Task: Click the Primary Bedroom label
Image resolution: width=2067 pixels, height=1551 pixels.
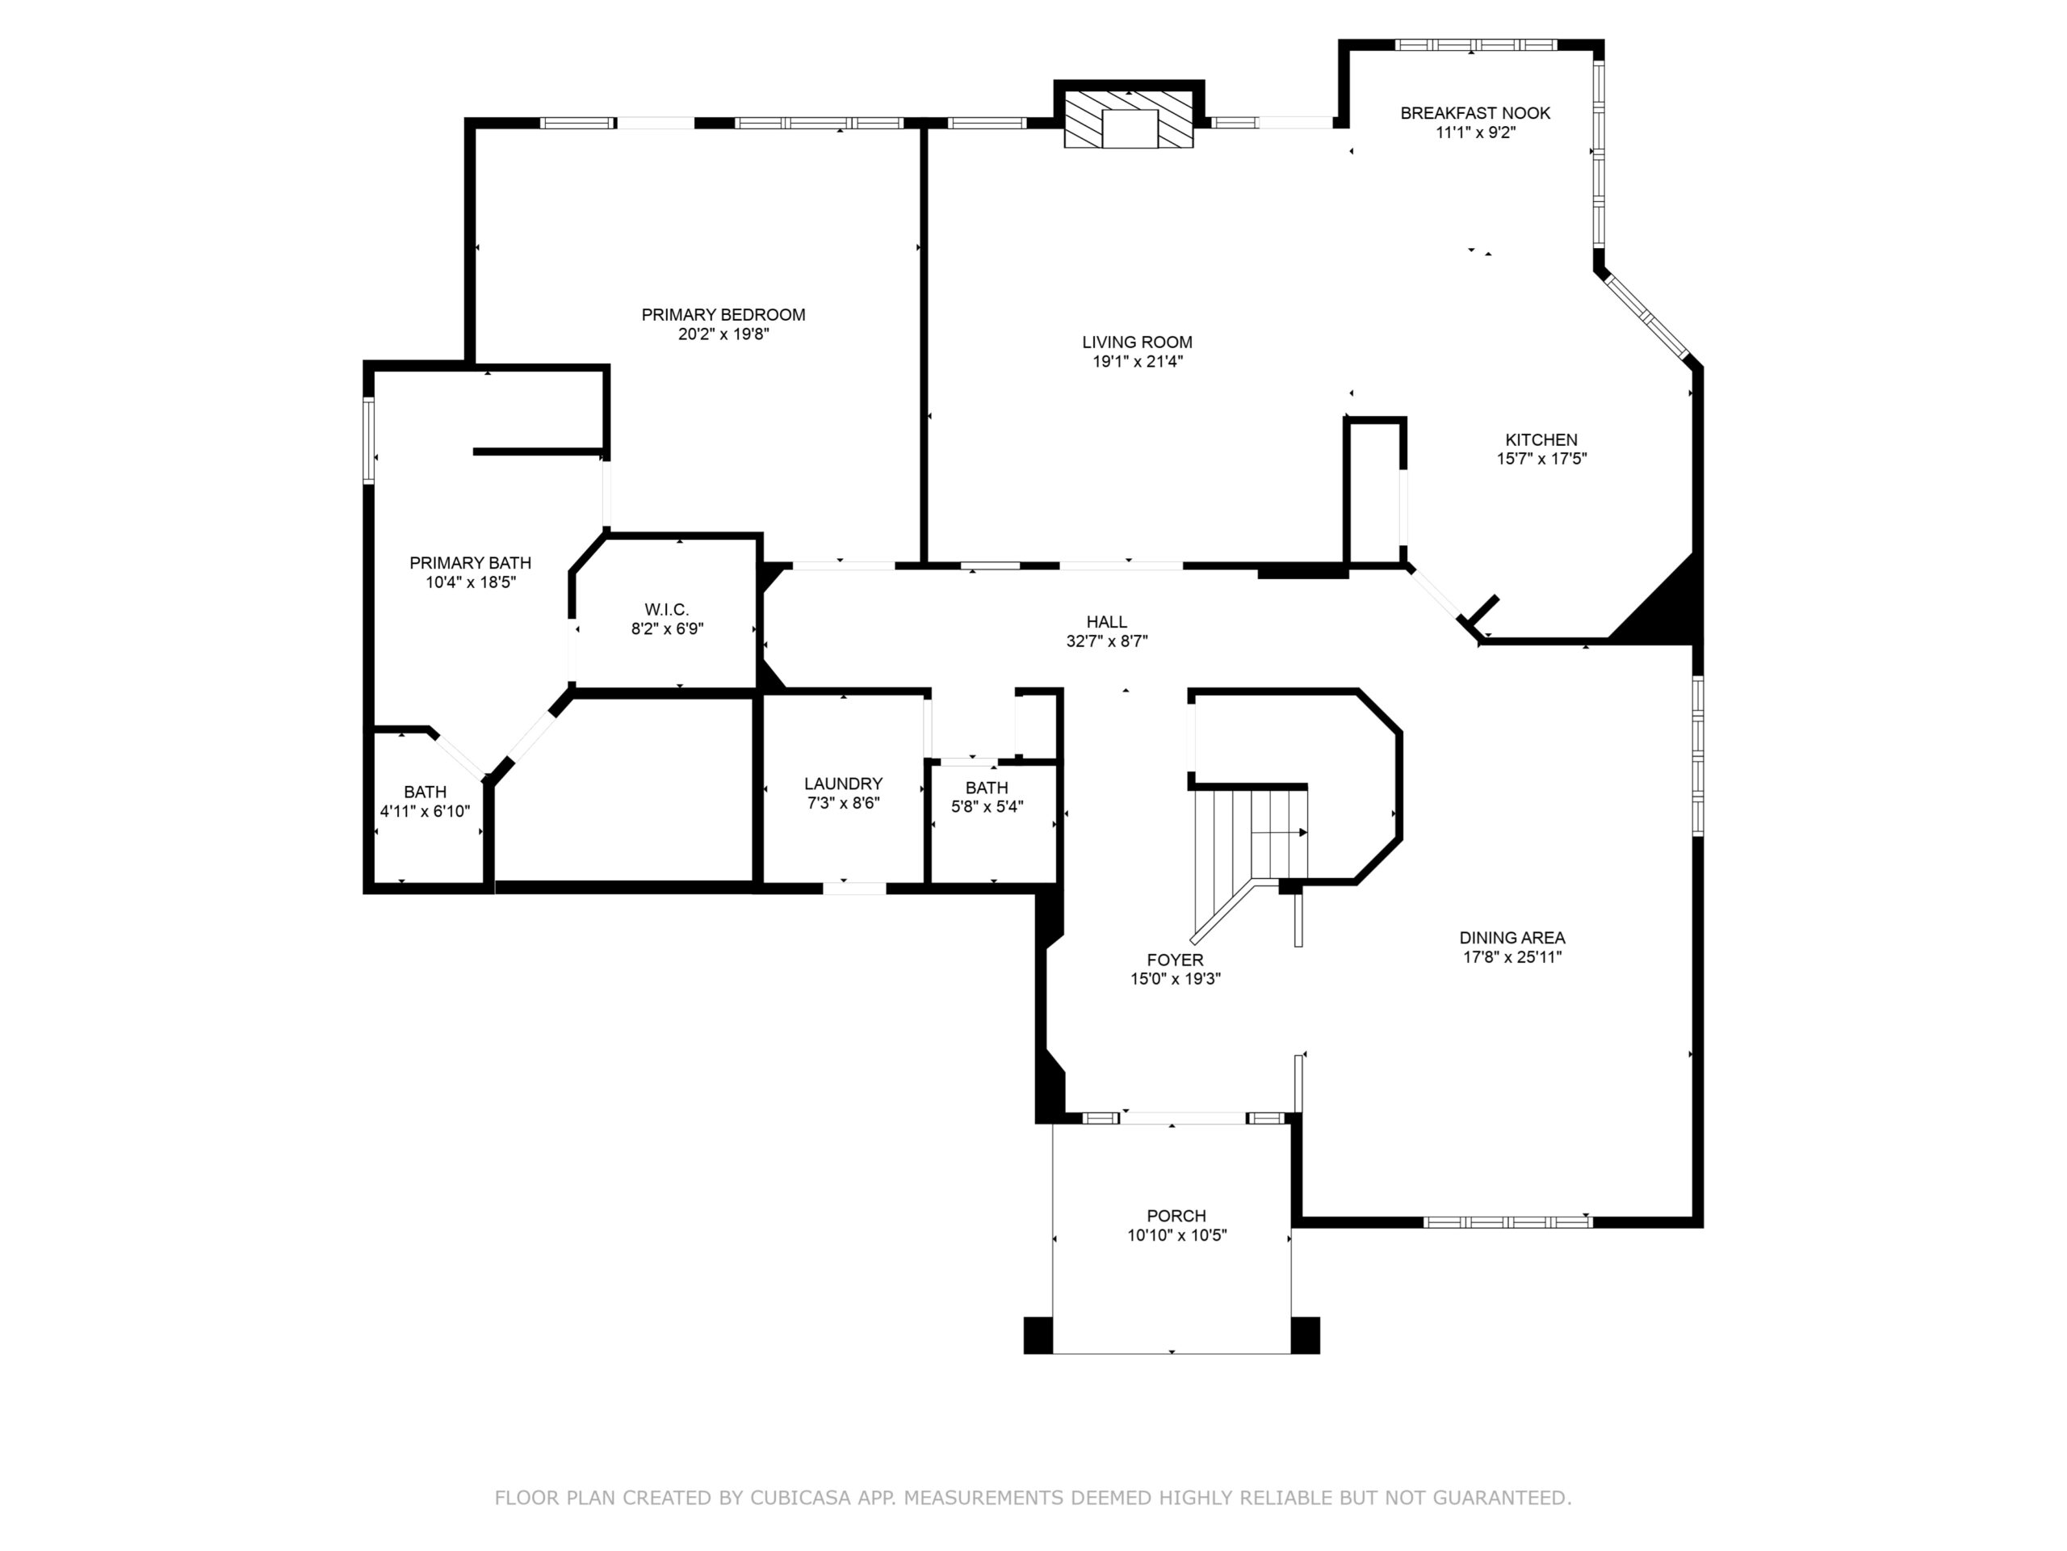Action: [723, 315]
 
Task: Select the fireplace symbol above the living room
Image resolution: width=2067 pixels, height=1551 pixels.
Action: [1129, 119]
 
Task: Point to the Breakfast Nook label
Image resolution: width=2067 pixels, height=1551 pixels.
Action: [1474, 113]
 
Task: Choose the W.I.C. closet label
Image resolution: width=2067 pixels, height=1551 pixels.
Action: [666, 610]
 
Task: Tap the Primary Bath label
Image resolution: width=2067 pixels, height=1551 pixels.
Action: [470, 563]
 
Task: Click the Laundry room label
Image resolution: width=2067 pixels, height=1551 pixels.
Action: [843, 784]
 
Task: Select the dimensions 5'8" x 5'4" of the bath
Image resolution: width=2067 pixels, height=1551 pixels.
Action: [987, 807]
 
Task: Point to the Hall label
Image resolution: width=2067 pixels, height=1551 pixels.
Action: [1106, 622]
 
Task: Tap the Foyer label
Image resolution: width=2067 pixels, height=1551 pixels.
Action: [1175, 960]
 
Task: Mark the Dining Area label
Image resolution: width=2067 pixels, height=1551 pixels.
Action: [1512, 938]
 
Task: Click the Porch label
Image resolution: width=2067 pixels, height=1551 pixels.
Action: [1176, 1217]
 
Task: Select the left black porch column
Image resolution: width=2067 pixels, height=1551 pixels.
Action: [1038, 1335]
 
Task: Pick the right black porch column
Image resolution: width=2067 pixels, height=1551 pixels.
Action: [1306, 1335]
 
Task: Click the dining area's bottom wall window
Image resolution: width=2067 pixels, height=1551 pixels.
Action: [1507, 1222]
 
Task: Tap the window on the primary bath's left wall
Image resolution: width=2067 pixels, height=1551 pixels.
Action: [368, 440]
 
